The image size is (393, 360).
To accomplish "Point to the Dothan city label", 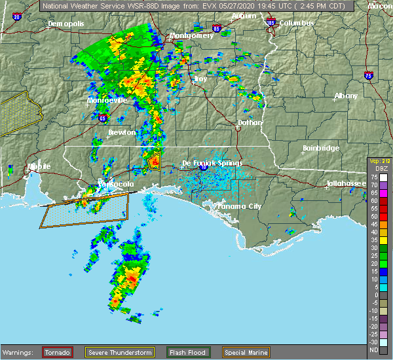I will [250, 122].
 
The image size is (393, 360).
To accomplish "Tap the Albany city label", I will [346, 96].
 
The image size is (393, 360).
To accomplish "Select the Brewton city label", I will [122, 132].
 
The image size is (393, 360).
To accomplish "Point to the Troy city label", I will [200, 79].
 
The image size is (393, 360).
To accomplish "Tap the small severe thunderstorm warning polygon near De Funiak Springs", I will [154, 160].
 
